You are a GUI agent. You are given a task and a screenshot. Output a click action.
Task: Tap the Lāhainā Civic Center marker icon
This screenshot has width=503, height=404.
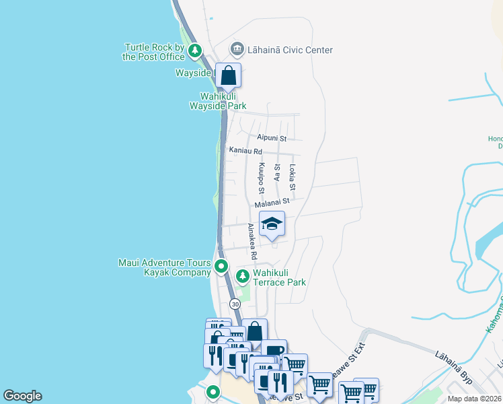coord(237,49)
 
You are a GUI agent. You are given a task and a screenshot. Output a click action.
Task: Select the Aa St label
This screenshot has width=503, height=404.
coord(276,173)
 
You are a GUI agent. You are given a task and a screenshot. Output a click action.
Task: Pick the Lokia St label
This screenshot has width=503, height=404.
coord(292,176)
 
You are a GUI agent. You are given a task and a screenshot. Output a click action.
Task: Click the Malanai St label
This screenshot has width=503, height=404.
coord(272,201)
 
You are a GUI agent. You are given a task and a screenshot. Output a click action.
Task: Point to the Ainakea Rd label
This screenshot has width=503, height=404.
coord(252,242)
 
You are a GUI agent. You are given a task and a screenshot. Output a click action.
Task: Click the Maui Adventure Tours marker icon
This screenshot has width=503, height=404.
coord(221,267)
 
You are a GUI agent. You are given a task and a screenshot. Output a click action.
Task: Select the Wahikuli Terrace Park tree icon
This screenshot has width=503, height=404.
coord(243,276)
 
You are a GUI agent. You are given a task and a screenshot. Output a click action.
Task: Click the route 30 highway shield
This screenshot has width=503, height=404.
coord(234,304)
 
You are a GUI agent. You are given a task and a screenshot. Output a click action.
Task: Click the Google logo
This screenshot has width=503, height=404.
coord(22,396)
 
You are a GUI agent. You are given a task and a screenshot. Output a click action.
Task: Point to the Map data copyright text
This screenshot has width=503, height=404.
coord(474,399)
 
